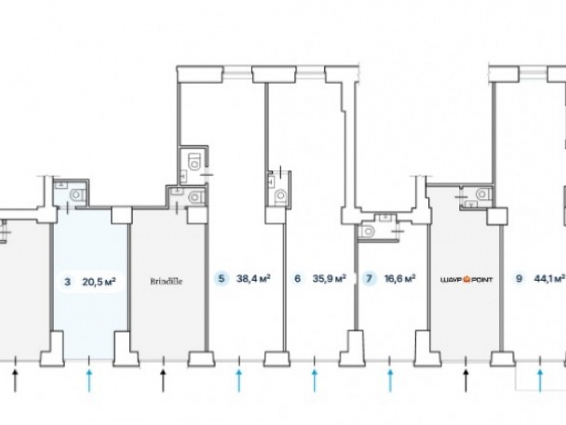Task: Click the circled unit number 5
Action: pos(222,279)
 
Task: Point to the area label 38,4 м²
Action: pos(253,279)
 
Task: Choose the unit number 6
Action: pos(297,279)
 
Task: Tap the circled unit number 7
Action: pos(370,279)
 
